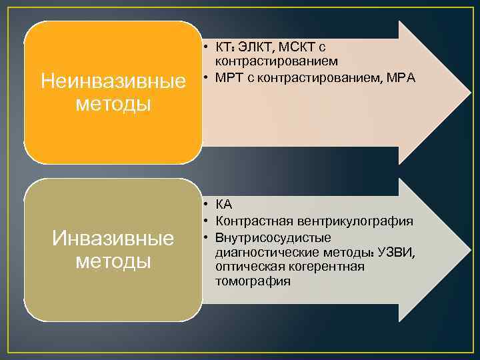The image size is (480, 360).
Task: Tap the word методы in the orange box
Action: pyautogui.click(x=113, y=104)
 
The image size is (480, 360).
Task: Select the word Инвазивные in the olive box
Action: pyautogui.click(x=113, y=238)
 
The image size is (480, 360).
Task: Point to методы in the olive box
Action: pyautogui.click(x=113, y=261)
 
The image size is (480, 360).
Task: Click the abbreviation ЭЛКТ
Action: pyautogui.click(x=254, y=47)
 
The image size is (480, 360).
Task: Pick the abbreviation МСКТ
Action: pyautogui.click(x=297, y=47)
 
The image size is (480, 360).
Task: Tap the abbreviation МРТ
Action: pyautogui.click(x=228, y=77)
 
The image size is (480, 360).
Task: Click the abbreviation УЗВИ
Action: pyautogui.click(x=396, y=253)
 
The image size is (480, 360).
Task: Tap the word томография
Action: pyautogui.click(x=253, y=281)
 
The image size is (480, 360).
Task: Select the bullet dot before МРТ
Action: pyautogui.click(x=207, y=77)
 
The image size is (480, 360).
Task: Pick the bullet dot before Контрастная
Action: pyautogui.click(x=207, y=221)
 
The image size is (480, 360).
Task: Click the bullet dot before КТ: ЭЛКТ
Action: pyautogui.click(x=207, y=47)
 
